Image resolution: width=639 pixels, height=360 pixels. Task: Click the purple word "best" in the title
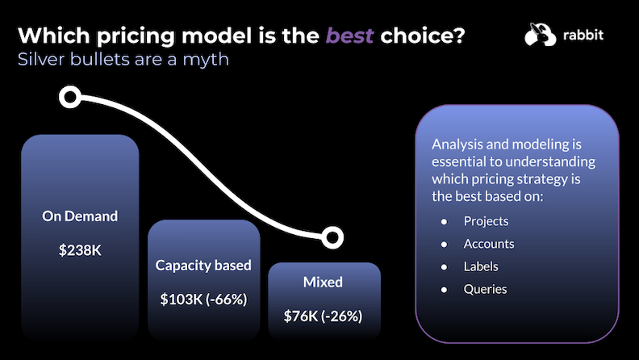click(x=349, y=36)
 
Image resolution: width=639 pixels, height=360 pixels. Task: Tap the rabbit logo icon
click(x=540, y=35)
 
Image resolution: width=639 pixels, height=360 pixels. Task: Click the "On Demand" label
click(x=80, y=216)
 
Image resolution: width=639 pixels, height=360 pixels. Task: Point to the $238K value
click(x=80, y=250)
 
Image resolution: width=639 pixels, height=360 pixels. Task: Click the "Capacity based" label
click(x=203, y=265)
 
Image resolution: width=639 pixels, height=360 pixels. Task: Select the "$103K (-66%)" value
click(x=203, y=299)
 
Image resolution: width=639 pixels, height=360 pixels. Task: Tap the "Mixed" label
click(x=323, y=283)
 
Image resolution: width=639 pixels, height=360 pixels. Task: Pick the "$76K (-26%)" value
click(x=323, y=316)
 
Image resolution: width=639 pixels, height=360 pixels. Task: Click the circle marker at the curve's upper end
click(x=70, y=98)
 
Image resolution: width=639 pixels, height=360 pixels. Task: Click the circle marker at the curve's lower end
click(x=331, y=237)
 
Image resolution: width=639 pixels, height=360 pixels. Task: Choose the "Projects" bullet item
click(x=486, y=221)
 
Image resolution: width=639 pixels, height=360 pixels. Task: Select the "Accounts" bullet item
click(x=488, y=244)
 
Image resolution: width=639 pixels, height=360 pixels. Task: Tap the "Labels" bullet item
click(x=481, y=266)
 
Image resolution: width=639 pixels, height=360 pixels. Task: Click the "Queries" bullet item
click(x=485, y=288)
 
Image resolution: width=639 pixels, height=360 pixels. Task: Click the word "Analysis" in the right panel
click(x=456, y=144)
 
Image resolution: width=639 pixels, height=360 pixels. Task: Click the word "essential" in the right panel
click(x=457, y=161)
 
